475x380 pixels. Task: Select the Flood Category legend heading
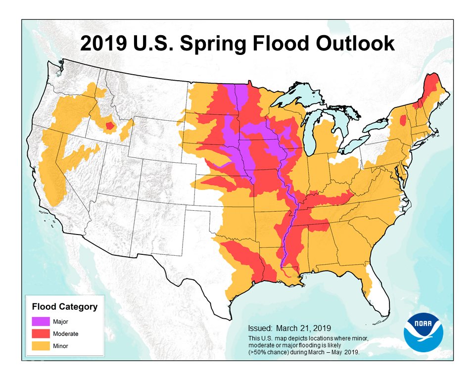(x=64, y=307)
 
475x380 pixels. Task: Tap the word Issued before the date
(x=260, y=328)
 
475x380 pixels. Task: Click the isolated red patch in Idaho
(x=110, y=126)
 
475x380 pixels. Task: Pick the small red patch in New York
(x=402, y=120)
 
